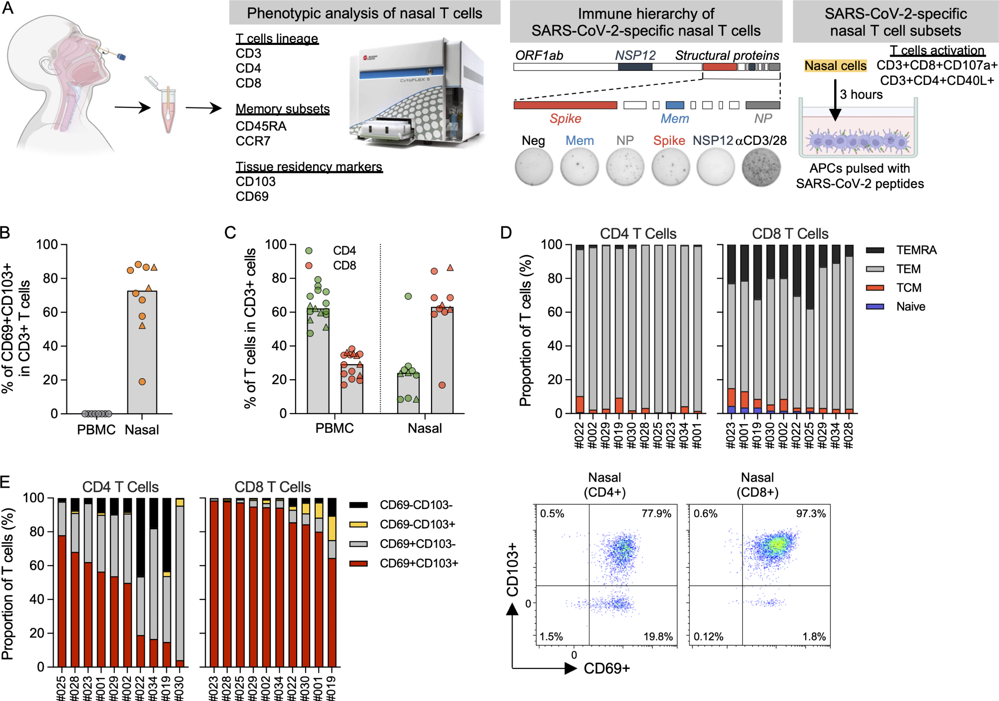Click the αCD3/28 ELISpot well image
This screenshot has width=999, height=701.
click(760, 167)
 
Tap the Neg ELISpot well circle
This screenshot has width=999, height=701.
click(533, 167)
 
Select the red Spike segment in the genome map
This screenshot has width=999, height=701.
click(565, 105)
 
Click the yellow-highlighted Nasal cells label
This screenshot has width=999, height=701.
click(835, 66)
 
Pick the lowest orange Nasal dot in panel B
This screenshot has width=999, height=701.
click(142, 382)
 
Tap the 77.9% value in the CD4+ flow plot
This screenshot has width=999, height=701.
click(656, 514)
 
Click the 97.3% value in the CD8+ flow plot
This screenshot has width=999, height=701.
click(810, 514)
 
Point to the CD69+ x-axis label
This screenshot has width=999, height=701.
click(606, 669)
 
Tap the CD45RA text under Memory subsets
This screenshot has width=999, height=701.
click(261, 126)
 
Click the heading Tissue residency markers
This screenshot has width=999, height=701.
click(309, 167)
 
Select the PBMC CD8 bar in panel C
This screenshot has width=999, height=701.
click(352, 390)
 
